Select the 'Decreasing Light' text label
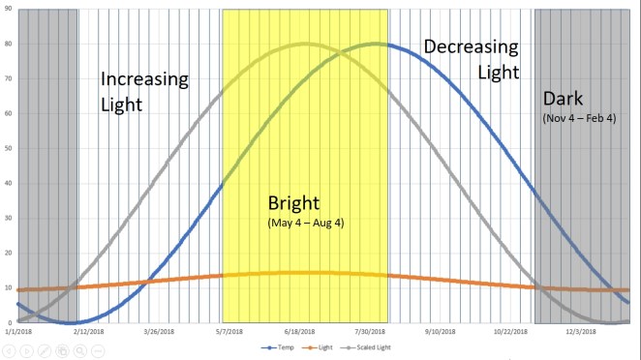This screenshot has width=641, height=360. tap(471, 58)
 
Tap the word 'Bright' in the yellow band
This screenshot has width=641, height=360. tap(295, 203)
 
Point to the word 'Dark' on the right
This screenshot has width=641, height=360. tap(564, 99)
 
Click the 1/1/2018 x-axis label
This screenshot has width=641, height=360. tap(17, 331)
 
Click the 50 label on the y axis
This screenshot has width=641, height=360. tap(8, 149)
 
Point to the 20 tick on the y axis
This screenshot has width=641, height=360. tap(8, 254)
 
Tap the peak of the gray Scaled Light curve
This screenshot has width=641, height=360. tap(306, 44)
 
